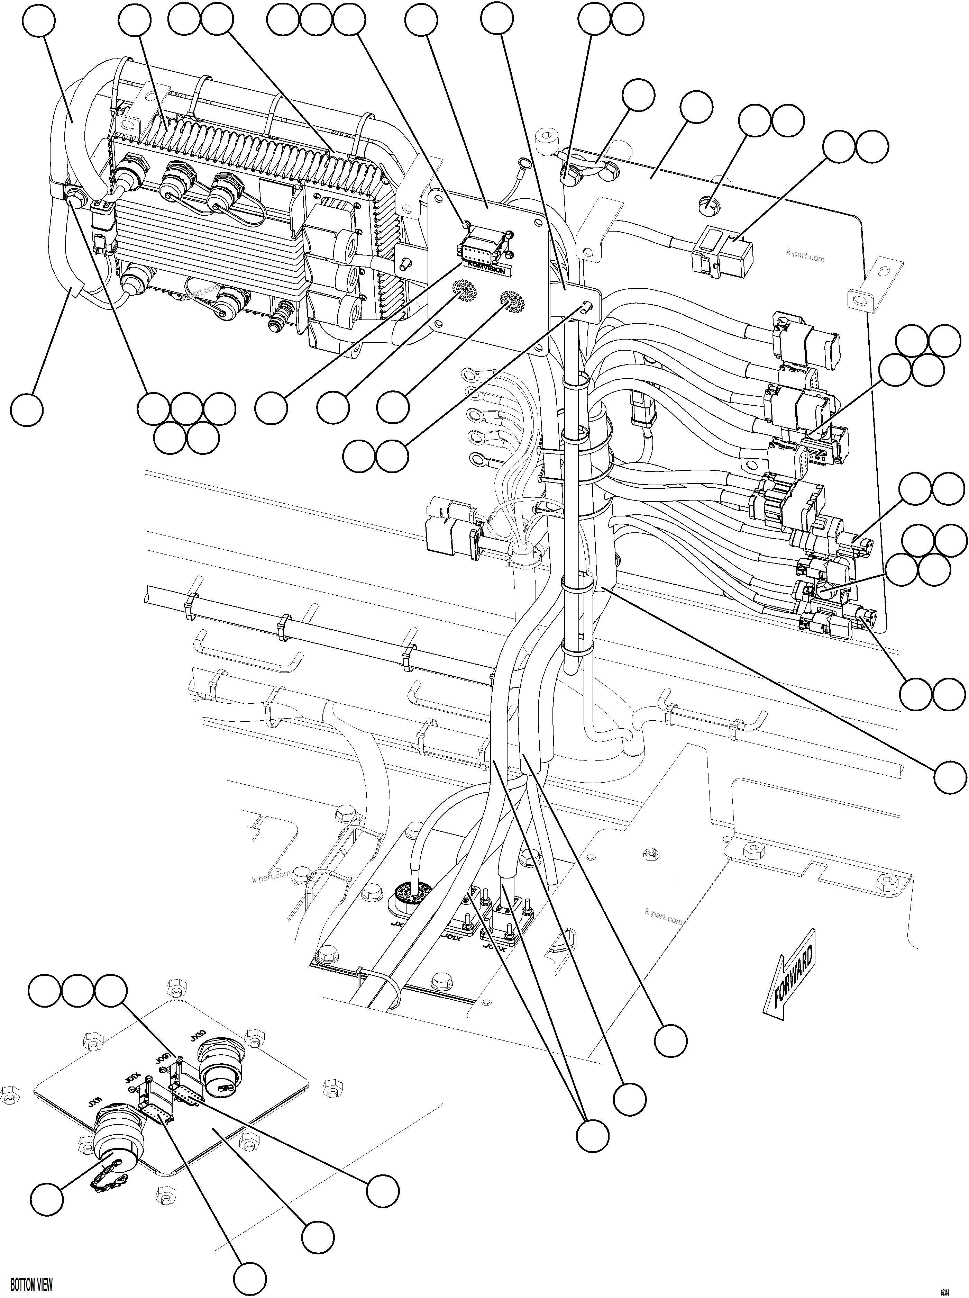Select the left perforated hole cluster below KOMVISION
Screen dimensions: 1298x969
tap(463, 290)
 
